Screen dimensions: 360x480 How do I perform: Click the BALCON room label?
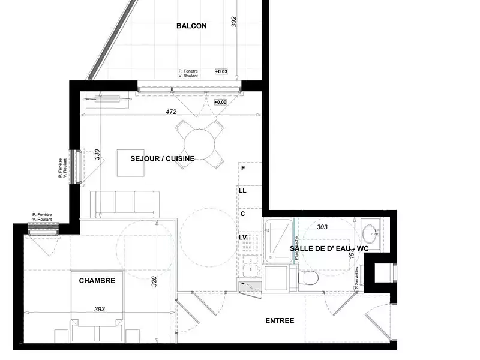[x=191, y=26]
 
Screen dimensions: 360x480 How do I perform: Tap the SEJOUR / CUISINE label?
[x=163, y=158]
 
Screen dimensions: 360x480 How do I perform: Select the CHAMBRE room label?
[x=97, y=280]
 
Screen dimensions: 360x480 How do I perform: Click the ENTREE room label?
[x=280, y=320]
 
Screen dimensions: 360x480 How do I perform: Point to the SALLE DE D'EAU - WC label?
[x=329, y=248]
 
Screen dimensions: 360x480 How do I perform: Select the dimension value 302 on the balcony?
[x=234, y=22]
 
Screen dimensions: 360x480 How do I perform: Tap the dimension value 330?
[x=97, y=154]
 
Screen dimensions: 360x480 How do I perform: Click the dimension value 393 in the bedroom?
[x=100, y=309]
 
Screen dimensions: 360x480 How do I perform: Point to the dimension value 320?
[x=154, y=282]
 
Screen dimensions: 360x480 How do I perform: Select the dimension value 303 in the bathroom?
[x=322, y=227]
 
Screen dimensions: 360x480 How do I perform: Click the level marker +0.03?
[x=221, y=71]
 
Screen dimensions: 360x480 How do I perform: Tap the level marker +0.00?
[x=221, y=102]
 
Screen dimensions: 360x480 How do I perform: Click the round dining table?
[x=199, y=142]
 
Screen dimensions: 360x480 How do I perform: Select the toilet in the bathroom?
[x=310, y=278]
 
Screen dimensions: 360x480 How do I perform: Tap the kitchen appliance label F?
[x=243, y=168]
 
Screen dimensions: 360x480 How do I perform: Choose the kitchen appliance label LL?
[x=243, y=191]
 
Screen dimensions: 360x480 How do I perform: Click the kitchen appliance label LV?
[x=243, y=238]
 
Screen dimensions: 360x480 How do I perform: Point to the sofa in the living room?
[x=125, y=204]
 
